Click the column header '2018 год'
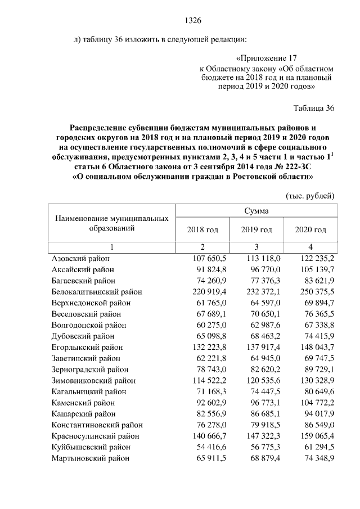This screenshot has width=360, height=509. pos(202,229)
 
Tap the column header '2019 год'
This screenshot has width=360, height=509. pos(256,229)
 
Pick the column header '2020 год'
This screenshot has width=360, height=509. pos(310,229)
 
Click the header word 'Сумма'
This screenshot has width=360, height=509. pos(256,211)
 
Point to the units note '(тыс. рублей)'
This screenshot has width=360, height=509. pos(310,196)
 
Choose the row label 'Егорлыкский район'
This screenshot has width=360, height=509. pos(87,347)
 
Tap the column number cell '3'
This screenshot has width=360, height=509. pos(256,247)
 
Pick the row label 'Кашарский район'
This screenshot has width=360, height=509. pos(84,414)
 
